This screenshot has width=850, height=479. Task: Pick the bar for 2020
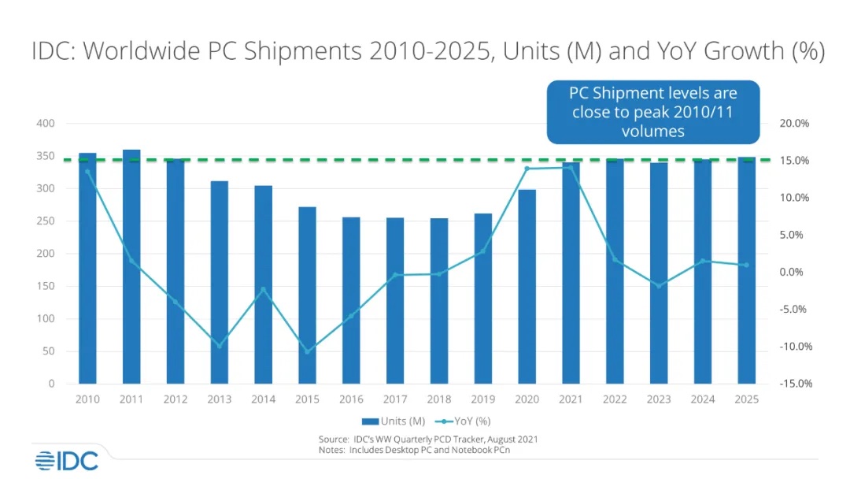(527, 287)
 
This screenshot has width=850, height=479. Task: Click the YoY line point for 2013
(220, 346)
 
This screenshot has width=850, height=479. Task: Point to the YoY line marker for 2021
(571, 167)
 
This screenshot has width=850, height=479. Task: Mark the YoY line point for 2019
(483, 251)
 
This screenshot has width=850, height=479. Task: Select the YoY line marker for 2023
(659, 285)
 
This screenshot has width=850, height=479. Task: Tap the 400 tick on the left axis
(45, 124)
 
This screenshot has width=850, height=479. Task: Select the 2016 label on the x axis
(351, 399)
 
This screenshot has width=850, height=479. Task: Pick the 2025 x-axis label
(746, 399)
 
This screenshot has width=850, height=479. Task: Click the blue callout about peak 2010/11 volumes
(652, 112)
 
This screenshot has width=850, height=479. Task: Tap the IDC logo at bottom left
(66, 460)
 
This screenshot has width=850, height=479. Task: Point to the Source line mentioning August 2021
(428, 438)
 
